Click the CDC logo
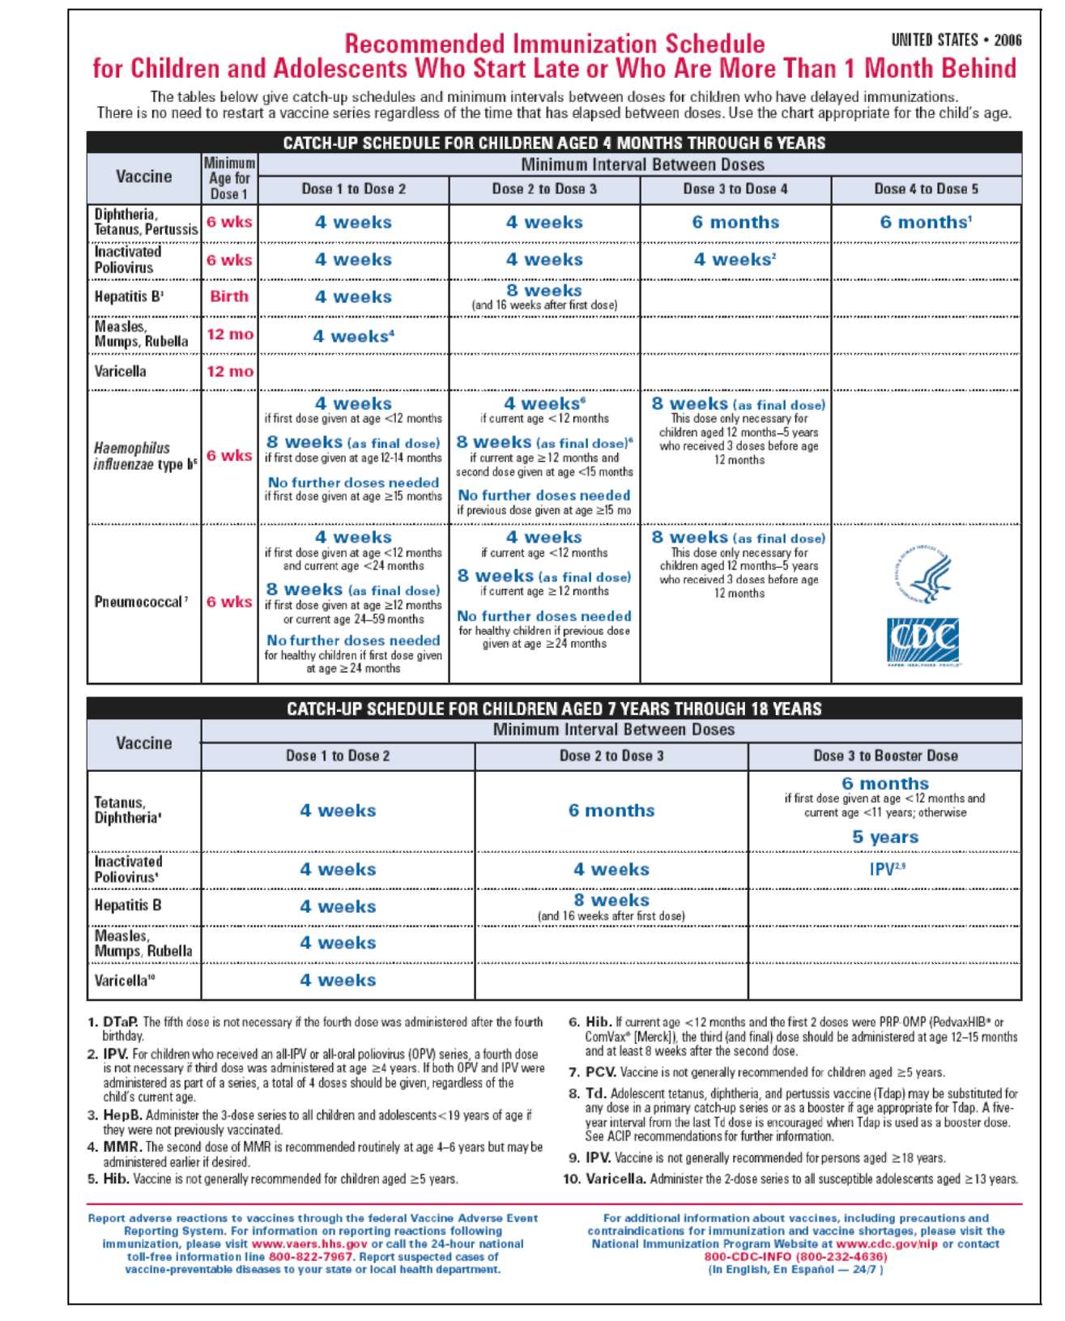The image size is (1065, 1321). coord(922,641)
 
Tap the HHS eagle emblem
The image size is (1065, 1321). coord(926,573)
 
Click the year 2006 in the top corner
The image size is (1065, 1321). coord(1007,40)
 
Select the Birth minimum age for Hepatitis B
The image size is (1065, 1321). coord(229,296)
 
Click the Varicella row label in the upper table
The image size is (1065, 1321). coord(121,372)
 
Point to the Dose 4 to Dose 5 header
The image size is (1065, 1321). coord(926,189)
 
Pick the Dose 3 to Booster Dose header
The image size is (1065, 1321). coord(885,756)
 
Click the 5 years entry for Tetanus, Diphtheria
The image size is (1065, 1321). coord(885,837)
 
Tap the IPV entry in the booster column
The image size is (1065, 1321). coord(885,869)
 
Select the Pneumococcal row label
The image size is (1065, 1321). coord(140,602)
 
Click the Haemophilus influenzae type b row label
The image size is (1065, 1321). coord(144,456)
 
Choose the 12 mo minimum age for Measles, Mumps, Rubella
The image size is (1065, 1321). coord(230,335)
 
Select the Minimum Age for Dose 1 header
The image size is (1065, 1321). coord(230,178)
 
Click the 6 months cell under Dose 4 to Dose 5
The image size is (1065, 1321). coord(926,223)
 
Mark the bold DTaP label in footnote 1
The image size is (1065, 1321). coord(121,1022)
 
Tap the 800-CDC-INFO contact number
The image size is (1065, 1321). coord(795,1257)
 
